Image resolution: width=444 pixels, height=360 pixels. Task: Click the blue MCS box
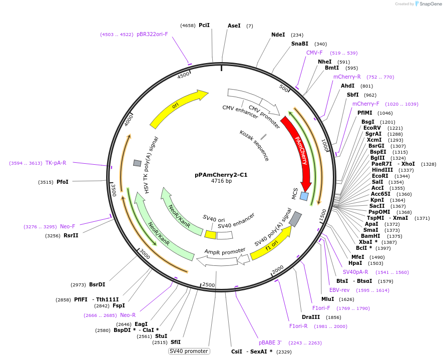tap(304, 196)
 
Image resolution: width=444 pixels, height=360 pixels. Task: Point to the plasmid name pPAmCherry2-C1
tap(221, 175)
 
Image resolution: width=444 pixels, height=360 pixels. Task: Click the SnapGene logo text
tap(430, 4)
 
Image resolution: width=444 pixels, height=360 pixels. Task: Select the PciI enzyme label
tap(204, 25)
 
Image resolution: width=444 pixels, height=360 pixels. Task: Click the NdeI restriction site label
tap(278, 35)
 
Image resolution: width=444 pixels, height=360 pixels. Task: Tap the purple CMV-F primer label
tap(314, 53)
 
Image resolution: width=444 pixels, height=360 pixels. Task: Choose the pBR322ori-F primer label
tap(152, 34)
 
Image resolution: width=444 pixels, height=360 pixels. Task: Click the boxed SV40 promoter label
tap(189, 351)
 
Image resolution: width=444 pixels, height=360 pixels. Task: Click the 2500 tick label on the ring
tap(208, 285)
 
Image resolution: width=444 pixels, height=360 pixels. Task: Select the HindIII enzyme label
tap(382, 170)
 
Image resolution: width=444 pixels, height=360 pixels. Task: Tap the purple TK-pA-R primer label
tap(56, 163)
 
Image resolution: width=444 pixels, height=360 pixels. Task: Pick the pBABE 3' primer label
tap(270, 342)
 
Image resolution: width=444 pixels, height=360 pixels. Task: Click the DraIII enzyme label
tap(311, 317)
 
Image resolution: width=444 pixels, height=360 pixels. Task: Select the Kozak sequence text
tap(254, 145)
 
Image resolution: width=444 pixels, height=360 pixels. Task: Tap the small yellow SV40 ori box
tap(211, 234)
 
